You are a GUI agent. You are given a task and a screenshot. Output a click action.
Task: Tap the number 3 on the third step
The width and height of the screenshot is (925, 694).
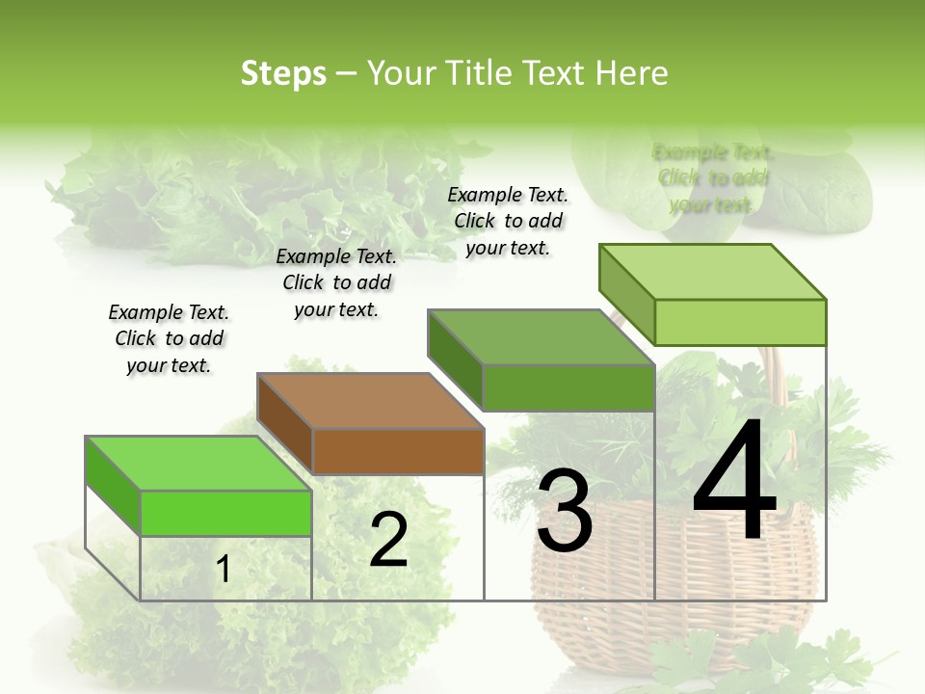point(564,511)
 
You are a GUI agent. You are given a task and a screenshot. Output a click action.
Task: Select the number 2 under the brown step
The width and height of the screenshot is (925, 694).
point(388,540)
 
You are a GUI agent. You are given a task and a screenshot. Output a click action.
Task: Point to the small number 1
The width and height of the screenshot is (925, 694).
point(223,570)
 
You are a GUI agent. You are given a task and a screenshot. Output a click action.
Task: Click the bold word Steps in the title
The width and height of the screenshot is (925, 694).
point(283,73)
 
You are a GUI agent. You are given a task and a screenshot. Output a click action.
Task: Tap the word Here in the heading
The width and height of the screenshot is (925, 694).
point(631,73)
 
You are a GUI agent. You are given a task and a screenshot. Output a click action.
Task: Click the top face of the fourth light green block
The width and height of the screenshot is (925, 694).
point(711,272)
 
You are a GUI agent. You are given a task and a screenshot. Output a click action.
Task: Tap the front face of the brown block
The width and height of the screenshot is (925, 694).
point(398,451)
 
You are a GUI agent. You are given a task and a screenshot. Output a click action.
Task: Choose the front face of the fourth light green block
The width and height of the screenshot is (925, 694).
point(740,322)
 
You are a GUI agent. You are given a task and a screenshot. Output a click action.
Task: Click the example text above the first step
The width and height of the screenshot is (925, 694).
point(169,338)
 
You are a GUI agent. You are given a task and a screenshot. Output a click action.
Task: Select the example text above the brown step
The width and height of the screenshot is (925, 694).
point(336,282)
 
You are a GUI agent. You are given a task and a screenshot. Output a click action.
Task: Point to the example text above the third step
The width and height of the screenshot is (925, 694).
point(508,221)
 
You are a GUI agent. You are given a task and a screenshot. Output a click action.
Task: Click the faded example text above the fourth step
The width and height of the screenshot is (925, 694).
point(712,178)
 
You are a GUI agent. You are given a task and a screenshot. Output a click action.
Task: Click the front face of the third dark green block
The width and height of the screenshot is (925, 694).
point(568,387)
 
